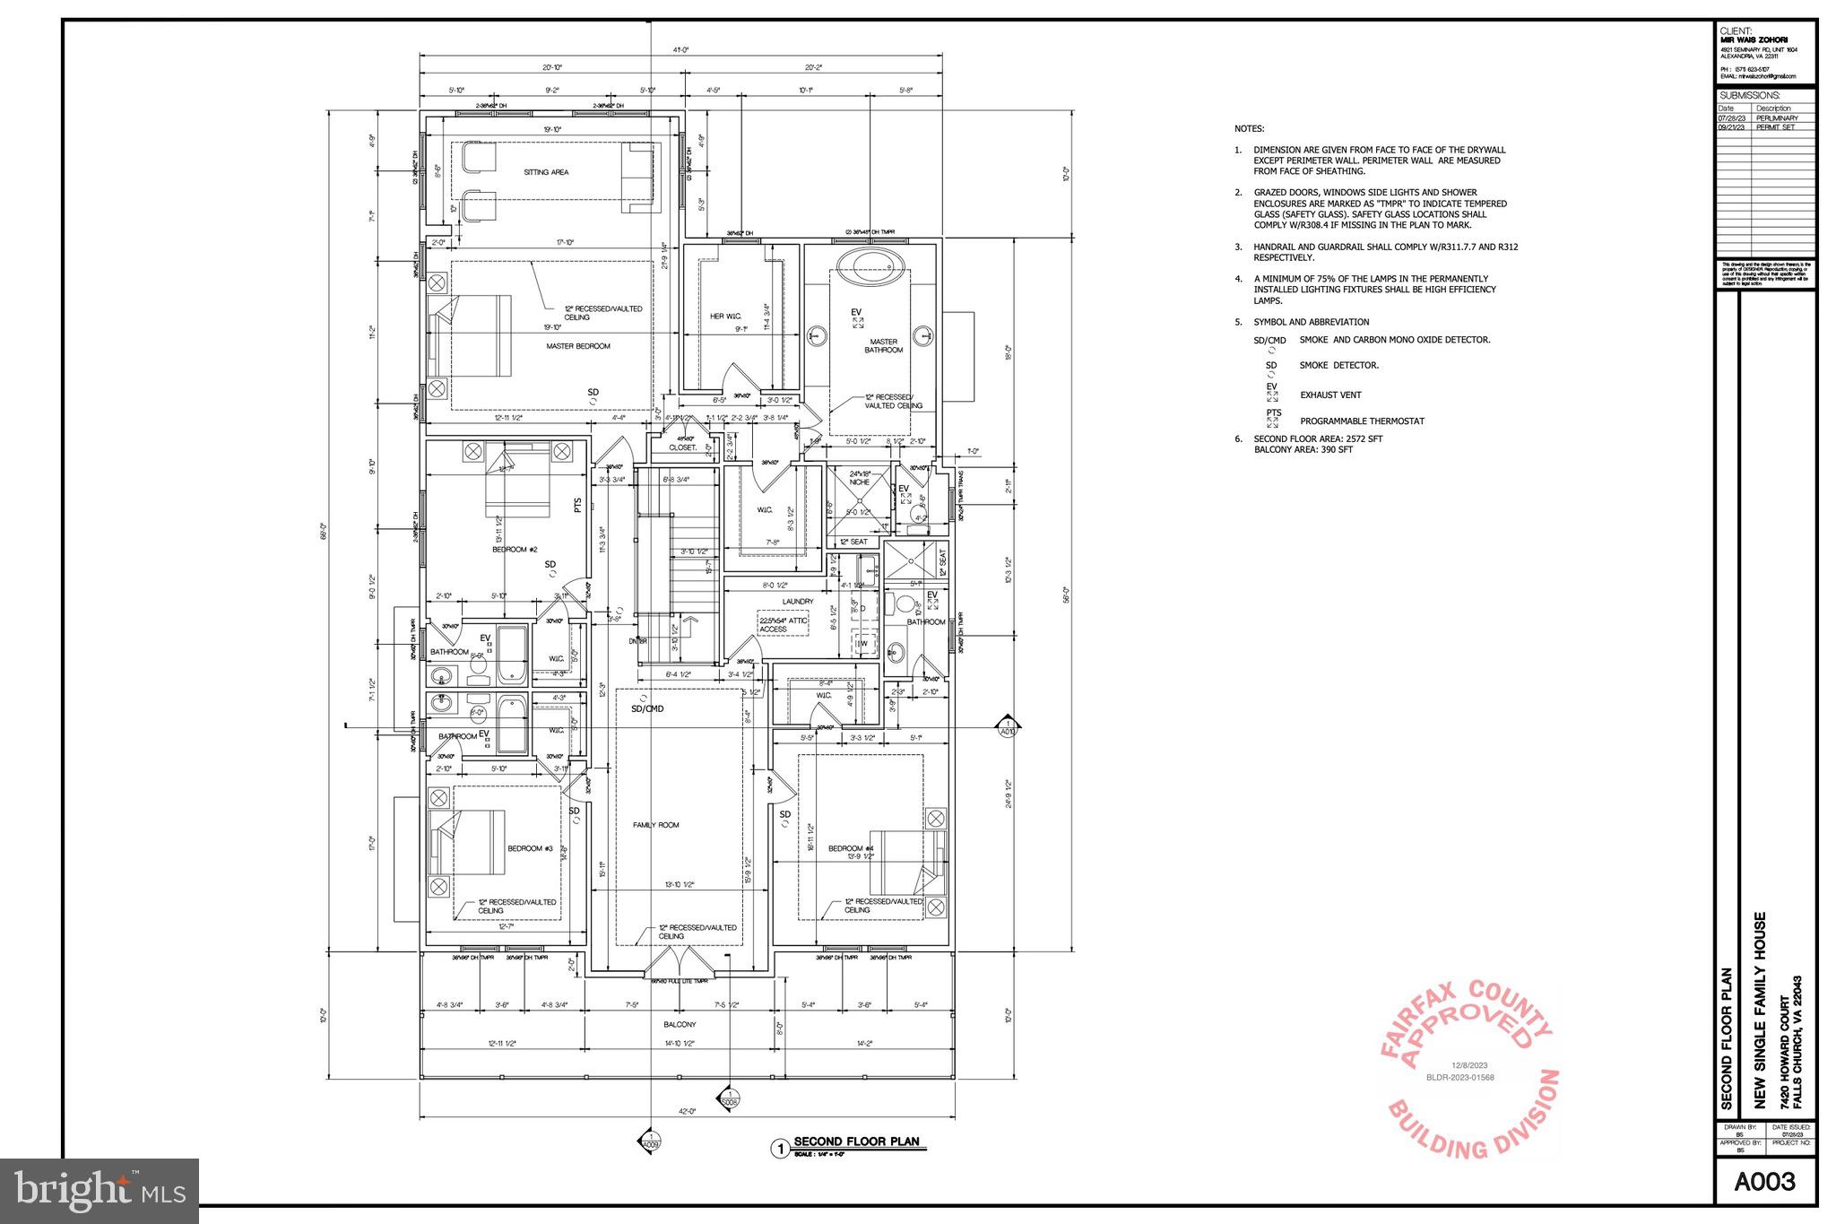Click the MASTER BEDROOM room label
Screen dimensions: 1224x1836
point(578,346)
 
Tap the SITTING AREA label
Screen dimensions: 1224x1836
point(546,172)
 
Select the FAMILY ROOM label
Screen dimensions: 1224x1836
point(655,825)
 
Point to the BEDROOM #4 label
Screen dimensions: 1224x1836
point(851,848)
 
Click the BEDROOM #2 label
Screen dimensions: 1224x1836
point(515,549)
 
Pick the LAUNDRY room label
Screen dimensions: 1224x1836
point(797,602)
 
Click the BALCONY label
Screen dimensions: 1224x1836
point(680,1024)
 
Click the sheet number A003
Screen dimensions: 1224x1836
point(1764,1182)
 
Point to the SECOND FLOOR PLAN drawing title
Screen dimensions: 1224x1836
point(856,1142)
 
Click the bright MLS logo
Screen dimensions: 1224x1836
point(99,1191)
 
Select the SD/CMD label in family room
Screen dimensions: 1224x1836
point(647,708)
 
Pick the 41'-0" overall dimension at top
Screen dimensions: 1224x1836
point(680,50)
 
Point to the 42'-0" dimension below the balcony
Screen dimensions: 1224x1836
point(687,1112)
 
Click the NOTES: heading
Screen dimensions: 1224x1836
point(1249,129)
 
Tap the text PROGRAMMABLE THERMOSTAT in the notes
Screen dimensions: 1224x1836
point(1362,421)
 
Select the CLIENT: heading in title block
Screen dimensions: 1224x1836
point(1736,30)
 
